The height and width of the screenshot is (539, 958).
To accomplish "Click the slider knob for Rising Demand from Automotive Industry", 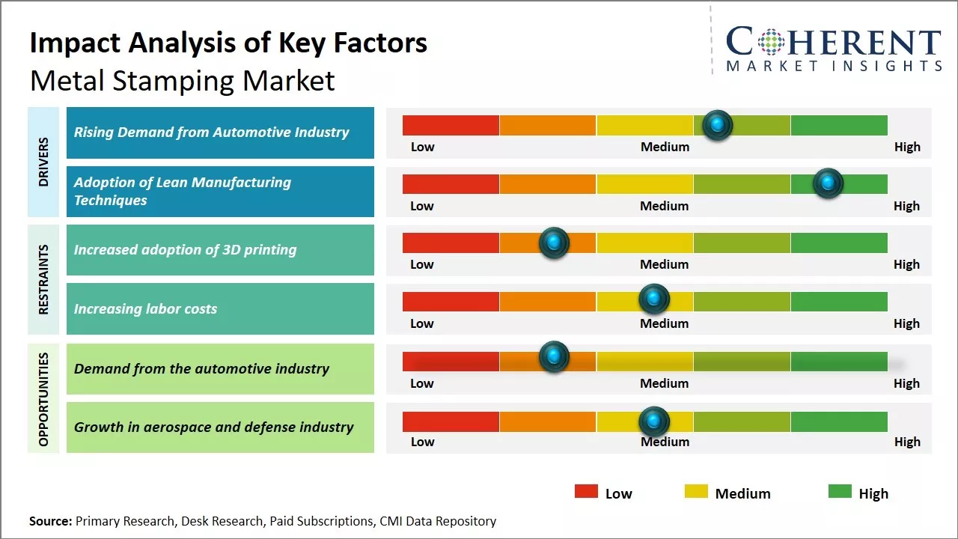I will click(718, 125).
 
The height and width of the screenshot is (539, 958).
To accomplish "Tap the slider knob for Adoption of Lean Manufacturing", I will click(828, 183).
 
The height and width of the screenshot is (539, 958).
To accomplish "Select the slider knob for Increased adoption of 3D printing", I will click(554, 243).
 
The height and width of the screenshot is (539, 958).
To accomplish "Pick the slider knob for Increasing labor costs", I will click(654, 299).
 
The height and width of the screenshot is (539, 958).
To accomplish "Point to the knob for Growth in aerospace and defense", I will click(654, 421).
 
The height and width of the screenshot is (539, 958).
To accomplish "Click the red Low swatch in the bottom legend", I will click(586, 492).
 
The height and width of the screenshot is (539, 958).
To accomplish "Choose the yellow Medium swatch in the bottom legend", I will click(696, 492).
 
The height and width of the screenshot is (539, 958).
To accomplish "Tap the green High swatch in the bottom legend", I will click(840, 492).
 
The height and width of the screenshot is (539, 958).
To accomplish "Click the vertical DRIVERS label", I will click(43, 162).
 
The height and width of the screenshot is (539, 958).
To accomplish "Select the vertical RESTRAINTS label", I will click(43, 279).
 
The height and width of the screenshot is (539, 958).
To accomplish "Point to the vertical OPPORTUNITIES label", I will click(43, 399).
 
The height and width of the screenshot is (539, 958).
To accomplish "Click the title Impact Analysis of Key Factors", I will click(228, 43).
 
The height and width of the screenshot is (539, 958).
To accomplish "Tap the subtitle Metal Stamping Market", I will click(183, 81).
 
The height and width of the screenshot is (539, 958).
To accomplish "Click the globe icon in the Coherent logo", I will click(770, 42).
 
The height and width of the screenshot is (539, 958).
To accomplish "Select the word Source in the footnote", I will click(50, 521).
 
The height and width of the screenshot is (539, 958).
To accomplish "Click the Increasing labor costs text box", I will click(220, 308).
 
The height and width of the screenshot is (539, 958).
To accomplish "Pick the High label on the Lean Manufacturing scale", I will click(906, 206).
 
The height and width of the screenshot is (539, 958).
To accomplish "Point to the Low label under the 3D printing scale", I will click(422, 264).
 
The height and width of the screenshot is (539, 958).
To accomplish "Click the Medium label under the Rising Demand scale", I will click(665, 147).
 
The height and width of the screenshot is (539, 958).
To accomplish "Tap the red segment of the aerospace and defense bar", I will click(451, 421).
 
